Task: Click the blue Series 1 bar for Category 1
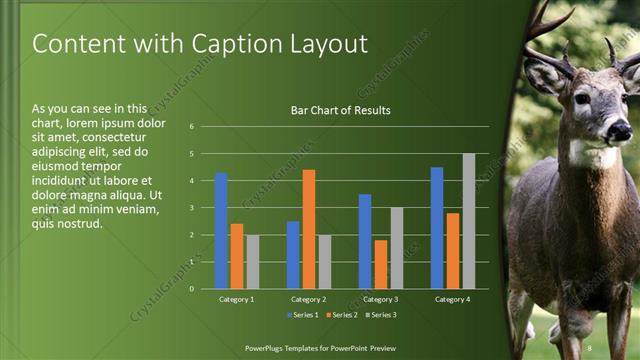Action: coord(221,231)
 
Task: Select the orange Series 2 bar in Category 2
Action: coord(309,229)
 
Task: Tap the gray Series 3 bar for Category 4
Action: coord(469,221)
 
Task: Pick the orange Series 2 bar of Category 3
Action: coord(381,264)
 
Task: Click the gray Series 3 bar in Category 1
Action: coord(252,262)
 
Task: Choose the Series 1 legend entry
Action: coord(304,315)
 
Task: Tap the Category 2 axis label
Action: coord(308,299)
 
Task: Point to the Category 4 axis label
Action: coord(452,299)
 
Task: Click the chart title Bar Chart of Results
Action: coord(340,110)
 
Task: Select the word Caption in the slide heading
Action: coord(231,44)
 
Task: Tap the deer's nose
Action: coord(619,131)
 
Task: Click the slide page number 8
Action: coord(590,347)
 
